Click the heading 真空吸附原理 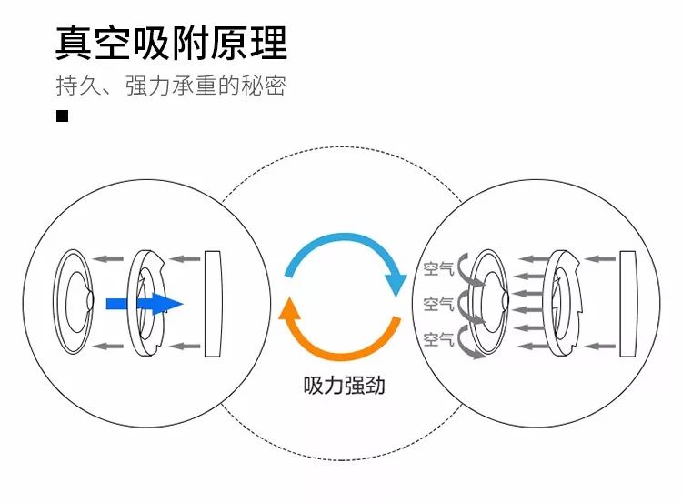click(171, 43)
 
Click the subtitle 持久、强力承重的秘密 click(171, 86)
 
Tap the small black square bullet click(63, 116)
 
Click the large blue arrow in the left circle click(145, 304)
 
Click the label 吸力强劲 click(344, 385)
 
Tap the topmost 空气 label click(438, 269)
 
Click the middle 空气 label click(438, 304)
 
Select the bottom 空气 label click(438, 339)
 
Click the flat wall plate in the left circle click(214, 303)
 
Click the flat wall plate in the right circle click(628, 303)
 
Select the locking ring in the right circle click(565, 303)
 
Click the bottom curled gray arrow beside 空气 click(469, 340)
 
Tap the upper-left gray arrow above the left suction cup click(111, 258)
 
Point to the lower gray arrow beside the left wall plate click(186, 346)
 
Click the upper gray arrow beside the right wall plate click(599, 259)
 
